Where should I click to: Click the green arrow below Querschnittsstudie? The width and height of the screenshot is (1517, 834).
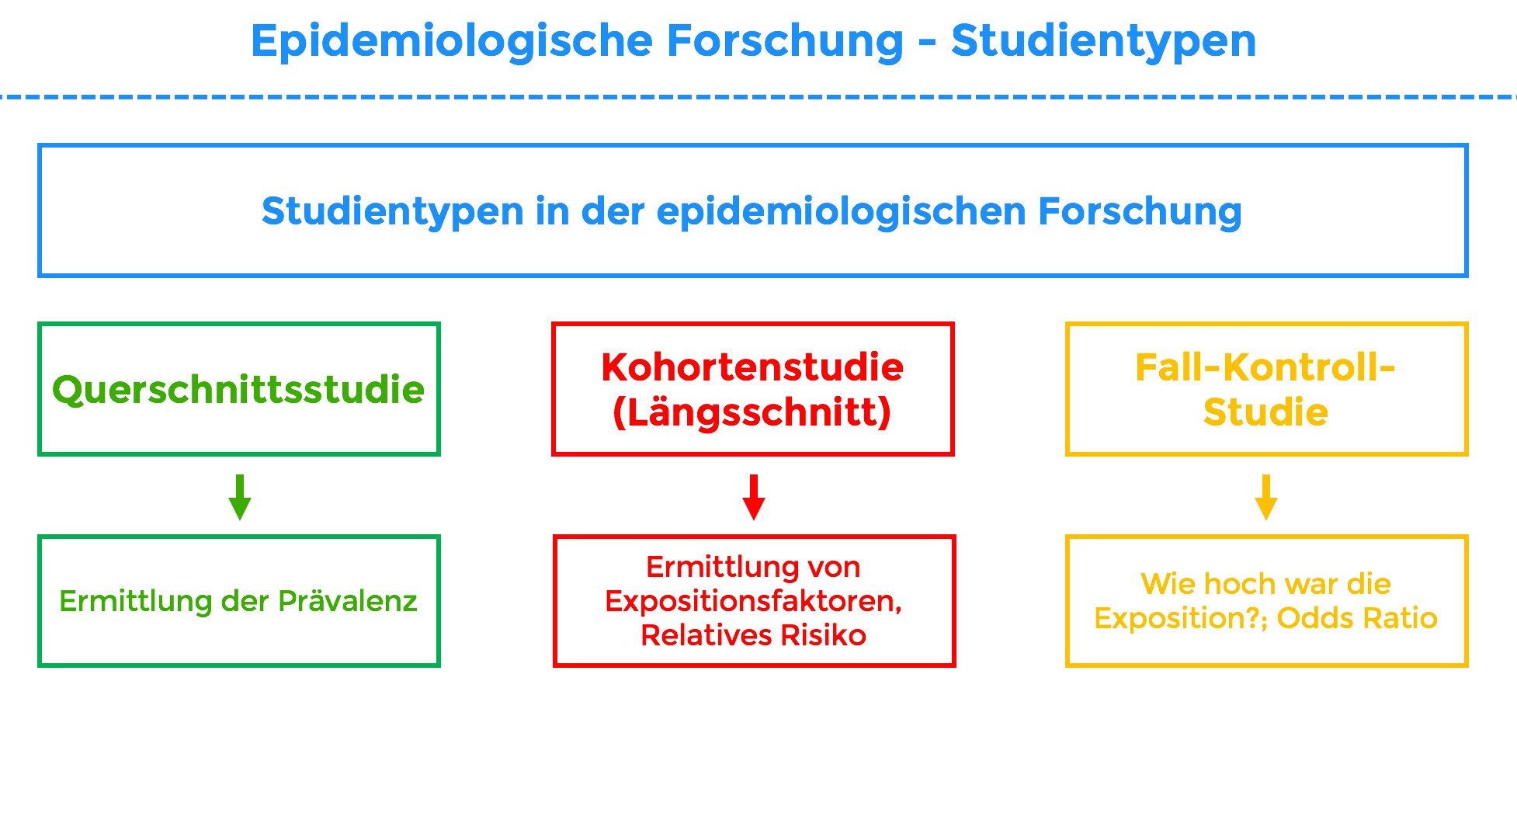tap(240, 497)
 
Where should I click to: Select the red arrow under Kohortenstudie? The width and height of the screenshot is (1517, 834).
tap(753, 497)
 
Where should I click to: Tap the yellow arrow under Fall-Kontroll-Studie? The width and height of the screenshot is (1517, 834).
tap(1265, 497)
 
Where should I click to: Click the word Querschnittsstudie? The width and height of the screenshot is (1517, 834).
tap(238, 390)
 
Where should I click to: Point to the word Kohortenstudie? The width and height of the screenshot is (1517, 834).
tap(752, 367)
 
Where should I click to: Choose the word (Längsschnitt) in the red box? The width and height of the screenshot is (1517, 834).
tap(752, 412)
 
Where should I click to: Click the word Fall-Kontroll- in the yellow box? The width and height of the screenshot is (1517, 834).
tap(1265, 367)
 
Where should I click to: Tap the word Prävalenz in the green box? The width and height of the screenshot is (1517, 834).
tap(348, 601)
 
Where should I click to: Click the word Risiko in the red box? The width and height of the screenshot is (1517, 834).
tap(823, 635)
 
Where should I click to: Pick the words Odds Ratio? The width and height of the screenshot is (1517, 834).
tap(1357, 618)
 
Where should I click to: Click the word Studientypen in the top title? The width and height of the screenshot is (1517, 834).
tap(1103, 40)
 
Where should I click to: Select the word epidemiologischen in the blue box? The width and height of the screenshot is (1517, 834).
tap(841, 211)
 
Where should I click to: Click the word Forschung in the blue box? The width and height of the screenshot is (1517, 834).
tap(1140, 211)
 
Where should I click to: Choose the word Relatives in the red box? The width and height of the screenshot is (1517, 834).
tap(706, 635)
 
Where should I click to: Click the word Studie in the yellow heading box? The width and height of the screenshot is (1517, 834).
tap(1265, 412)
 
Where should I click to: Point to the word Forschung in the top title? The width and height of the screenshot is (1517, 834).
tap(785, 40)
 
